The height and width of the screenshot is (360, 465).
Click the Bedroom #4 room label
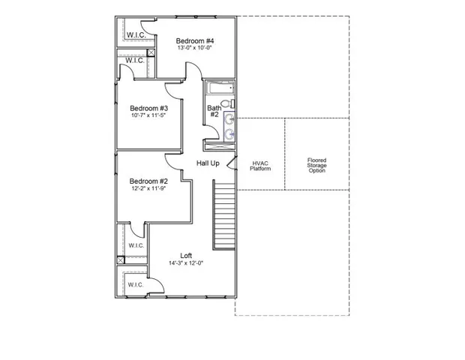click(x=195, y=40)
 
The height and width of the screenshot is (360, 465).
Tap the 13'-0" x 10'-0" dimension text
click(x=195, y=49)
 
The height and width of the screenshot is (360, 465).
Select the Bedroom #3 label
click(x=148, y=107)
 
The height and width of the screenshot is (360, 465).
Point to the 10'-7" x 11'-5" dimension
click(x=148, y=116)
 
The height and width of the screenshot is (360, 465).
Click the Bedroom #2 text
click(x=148, y=181)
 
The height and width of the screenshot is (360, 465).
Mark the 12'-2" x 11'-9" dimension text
click(x=148, y=190)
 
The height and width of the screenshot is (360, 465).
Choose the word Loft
click(x=186, y=255)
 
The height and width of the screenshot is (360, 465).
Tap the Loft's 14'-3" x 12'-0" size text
click(x=186, y=263)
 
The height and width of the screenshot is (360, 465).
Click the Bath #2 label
click(x=214, y=111)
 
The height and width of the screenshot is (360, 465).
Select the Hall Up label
click(x=208, y=163)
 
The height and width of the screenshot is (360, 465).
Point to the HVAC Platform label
click(x=260, y=165)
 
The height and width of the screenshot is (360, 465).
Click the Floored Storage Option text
click(x=317, y=165)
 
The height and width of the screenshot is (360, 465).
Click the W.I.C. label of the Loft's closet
click(x=135, y=285)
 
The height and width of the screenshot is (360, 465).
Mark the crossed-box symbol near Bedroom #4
click(x=151, y=53)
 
